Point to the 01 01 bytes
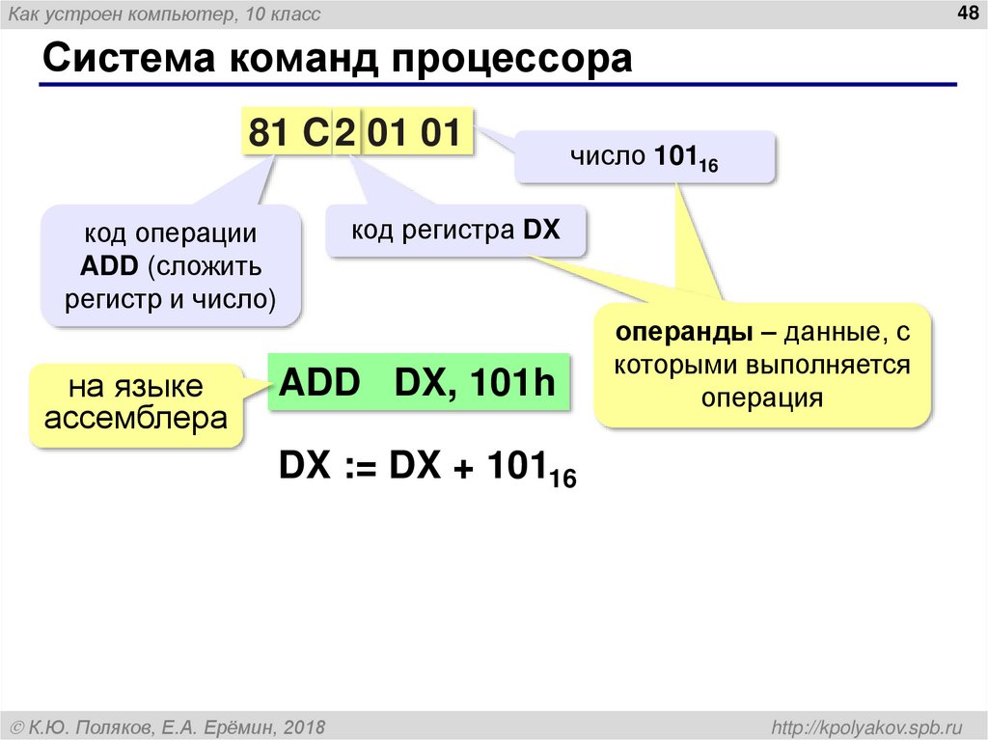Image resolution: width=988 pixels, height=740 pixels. (415, 133)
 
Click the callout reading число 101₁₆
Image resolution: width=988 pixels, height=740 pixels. (645, 157)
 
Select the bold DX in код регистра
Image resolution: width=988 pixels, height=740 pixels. (541, 231)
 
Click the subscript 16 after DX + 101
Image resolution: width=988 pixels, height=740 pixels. (563, 478)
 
